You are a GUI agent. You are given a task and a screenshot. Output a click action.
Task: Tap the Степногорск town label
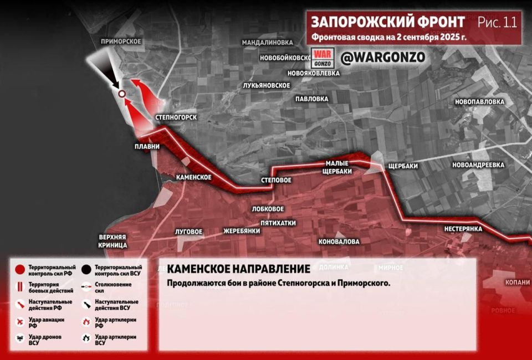(177, 117)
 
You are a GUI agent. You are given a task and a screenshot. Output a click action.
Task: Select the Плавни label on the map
(147, 147)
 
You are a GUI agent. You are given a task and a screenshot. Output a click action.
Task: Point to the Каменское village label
(193, 177)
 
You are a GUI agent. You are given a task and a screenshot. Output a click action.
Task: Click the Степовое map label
(276, 181)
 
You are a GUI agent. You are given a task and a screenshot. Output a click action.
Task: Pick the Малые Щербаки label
(338, 167)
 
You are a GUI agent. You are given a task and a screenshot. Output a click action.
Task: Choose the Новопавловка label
(480, 102)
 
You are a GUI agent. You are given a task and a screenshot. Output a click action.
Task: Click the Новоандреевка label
(478, 165)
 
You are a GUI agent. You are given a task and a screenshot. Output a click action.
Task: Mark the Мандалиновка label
(267, 42)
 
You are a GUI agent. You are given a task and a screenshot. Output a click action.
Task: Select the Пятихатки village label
(278, 223)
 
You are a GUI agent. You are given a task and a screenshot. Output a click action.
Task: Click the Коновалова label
(339, 242)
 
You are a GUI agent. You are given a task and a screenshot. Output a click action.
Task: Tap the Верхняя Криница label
(113, 240)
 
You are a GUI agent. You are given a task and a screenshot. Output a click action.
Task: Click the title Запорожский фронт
(388, 22)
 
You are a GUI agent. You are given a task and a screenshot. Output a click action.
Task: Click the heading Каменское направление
(238, 269)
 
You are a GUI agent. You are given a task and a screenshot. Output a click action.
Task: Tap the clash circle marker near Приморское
(121, 94)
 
